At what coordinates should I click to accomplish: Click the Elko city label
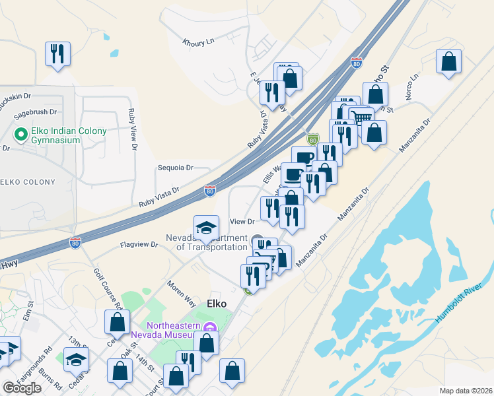point(217,304)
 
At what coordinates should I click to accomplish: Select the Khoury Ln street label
point(199,42)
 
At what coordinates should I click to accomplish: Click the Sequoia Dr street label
point(175,168)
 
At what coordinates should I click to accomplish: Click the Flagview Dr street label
point(140,244)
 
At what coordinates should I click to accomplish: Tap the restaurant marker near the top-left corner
point(57,53)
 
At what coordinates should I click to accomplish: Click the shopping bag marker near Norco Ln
point(448,61)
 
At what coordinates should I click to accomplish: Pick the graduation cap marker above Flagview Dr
point(206,228)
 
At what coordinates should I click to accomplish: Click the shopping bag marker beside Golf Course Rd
point(117,322)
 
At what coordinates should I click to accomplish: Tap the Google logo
point(22,388)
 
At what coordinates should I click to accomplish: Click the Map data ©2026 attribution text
point(466,391)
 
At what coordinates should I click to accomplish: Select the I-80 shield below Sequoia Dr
point(209,191)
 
